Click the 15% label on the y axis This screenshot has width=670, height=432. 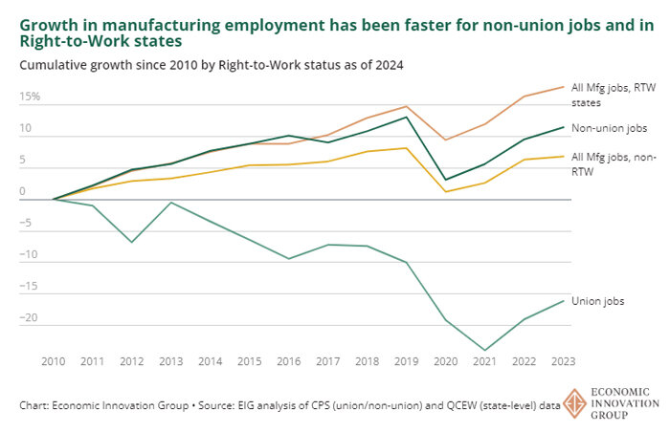coord(29,97)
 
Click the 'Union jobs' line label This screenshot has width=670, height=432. coord(597,301)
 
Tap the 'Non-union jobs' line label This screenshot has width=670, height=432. coord(609,128)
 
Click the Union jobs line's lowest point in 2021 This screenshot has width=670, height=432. coord(485,350)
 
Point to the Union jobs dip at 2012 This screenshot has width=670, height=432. coord(131,242)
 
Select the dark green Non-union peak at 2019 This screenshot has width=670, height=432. coord(407,117)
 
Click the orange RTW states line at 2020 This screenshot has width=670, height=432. coord(446,140)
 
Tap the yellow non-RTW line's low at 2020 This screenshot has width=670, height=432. coord(446,191)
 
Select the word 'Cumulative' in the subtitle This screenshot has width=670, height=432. coord(54,65)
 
